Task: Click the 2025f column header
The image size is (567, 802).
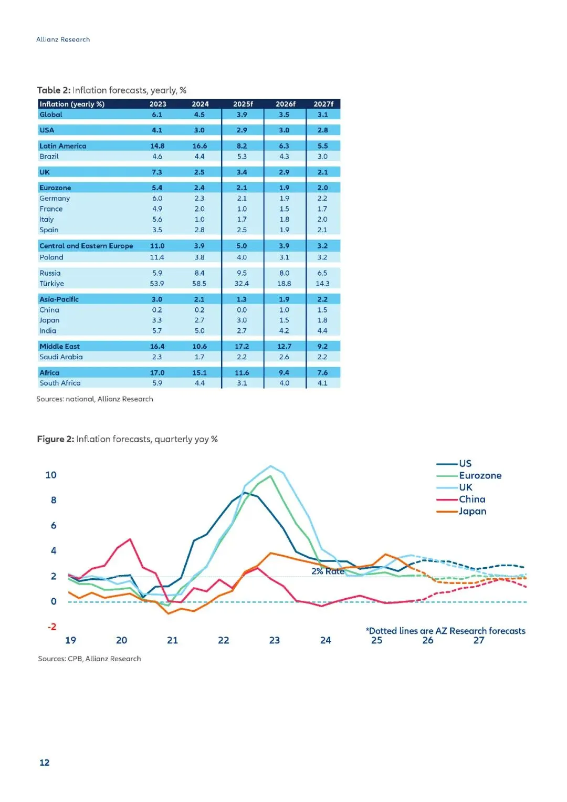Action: tap(243, 104)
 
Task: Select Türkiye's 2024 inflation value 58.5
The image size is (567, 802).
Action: tap(199, 284)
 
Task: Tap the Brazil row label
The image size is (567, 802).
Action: tap(49, 157)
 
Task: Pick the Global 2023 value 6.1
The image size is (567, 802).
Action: tap(157, 114)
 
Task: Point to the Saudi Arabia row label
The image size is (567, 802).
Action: tap(61, 357)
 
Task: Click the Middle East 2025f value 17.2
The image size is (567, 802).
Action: tap(242, 347)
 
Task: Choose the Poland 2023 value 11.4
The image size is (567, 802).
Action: tap(157, 257)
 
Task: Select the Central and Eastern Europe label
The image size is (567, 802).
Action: tap(86, 246)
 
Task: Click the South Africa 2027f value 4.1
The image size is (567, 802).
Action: tap(322, 383)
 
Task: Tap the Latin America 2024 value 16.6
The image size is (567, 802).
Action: tap(199, 146)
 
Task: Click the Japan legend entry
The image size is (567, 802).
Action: tap(472, 511)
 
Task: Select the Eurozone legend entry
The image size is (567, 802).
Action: tap(480, 475)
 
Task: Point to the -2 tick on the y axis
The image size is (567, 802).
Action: tap(52, 627)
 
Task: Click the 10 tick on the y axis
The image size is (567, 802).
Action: tap(51, 475)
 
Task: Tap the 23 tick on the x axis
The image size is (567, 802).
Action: tap(275, 640)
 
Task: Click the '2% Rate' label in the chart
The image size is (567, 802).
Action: tap(328, 571)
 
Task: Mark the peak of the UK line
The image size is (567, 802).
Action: tap(270, 466)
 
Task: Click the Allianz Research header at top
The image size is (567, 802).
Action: tap(63, 39)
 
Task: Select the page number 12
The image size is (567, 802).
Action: tap(45, 763)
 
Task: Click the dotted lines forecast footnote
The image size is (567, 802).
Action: tap(445, 631)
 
